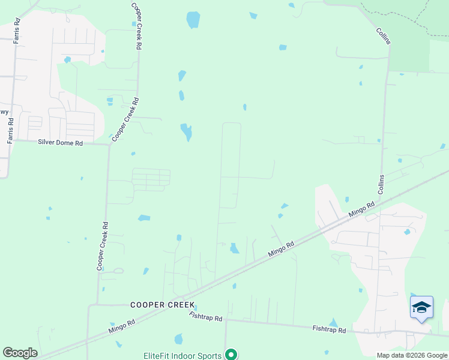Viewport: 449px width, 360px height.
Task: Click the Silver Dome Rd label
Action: tap(60, 142)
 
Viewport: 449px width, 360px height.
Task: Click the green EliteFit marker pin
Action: tap(230, 355)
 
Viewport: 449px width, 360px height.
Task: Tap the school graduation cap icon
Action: tap(421, 307)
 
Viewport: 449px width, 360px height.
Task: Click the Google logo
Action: tap(20, 353)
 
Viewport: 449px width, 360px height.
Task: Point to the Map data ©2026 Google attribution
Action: tap(412, 355)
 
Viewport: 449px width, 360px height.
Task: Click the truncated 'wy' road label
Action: tap(4, 112)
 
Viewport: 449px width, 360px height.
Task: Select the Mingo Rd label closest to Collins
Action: tap(362, 210)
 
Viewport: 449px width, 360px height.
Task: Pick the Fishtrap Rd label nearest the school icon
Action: tap(329, 329)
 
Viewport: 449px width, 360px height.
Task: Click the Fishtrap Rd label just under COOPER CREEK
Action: tap(205, 316)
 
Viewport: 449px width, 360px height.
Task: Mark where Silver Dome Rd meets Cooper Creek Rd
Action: tap(109, 143)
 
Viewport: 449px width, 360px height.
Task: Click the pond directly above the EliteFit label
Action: tap(178, 339)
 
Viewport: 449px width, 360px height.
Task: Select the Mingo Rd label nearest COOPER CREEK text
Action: tap(122, 326)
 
